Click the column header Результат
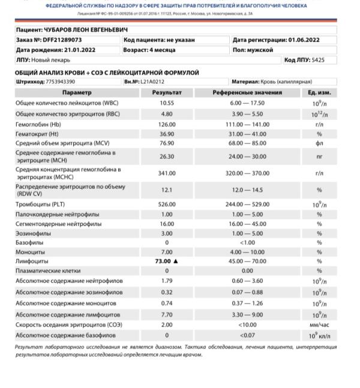[x=167, y=93]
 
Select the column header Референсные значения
[x=247, y=93]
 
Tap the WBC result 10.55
[x=167, y=103]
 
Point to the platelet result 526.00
[x=167, y=204]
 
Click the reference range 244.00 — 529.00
[x=247, y=204]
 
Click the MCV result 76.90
[x=167, y=143]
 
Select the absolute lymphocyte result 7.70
[x=167, y=314]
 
